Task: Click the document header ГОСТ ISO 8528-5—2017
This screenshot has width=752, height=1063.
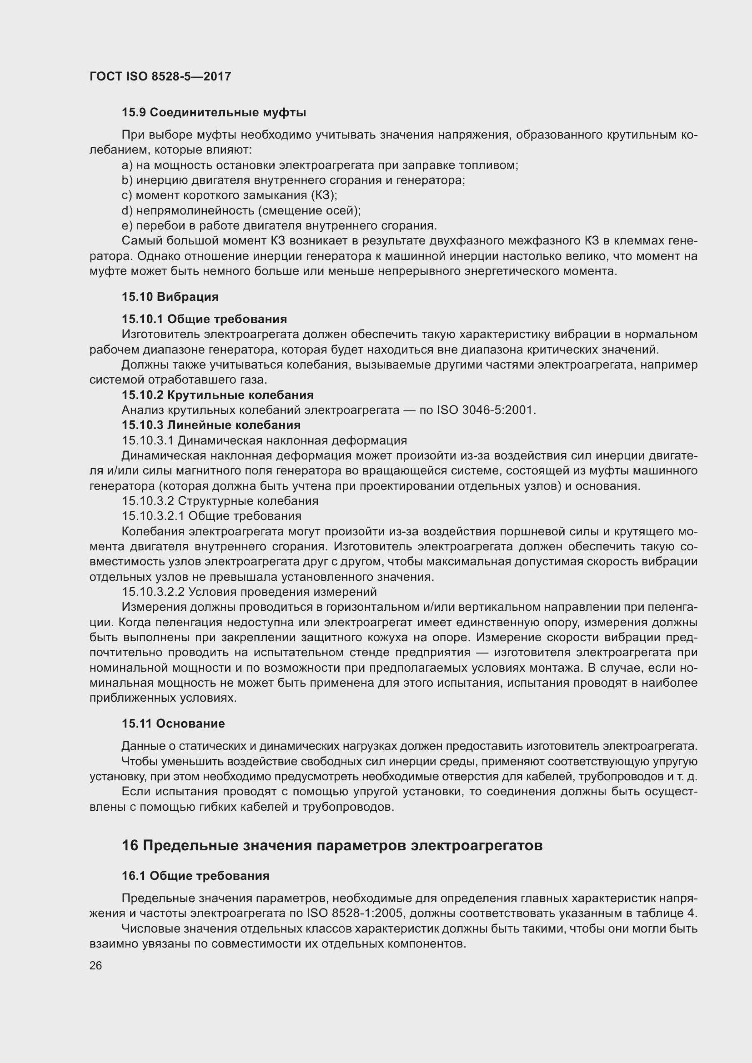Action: point(160,76)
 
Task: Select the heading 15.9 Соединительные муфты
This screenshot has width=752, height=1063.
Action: point(214,113)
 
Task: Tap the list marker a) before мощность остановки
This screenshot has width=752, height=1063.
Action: point(127,165)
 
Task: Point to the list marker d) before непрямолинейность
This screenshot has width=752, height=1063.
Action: point(127,211)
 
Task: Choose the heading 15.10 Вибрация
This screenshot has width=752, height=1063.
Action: point(170,297)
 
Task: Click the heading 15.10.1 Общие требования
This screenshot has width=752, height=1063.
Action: point(204,319)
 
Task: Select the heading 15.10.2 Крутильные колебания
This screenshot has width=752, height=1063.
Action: point(218,395)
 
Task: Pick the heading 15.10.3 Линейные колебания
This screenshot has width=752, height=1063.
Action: point(211,425)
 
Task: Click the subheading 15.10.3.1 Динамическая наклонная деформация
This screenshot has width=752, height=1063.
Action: point(265,440)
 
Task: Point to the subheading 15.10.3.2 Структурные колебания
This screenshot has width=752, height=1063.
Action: point(220,501)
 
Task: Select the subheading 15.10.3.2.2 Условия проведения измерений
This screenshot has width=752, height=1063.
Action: point(249,592)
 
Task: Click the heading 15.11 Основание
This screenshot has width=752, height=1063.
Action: point(173,724)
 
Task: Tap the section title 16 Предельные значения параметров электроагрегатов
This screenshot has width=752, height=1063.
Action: point(332,845)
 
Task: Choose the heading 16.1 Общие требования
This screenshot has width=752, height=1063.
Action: point(196,875)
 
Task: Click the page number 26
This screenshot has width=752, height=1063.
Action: point(95,965)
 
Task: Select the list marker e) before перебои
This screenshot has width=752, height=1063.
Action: point(127,226)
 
